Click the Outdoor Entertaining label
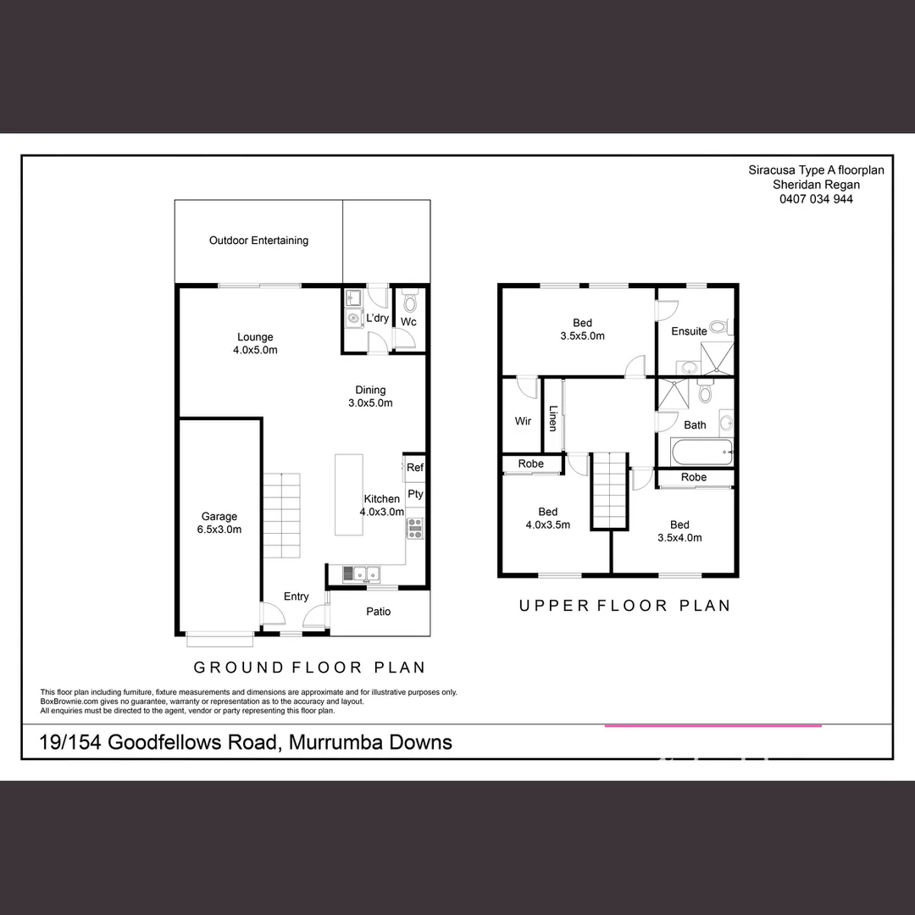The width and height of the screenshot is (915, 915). click(258, 241)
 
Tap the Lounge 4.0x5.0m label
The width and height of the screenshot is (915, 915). click(255, 343)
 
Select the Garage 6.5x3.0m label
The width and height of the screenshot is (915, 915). click(219, 523)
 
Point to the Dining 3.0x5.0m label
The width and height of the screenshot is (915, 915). click(370, 396)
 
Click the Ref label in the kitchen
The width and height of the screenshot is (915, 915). click(414, 468)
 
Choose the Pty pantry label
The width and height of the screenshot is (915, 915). click(414, 494)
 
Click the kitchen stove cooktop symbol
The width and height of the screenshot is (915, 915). click(415, 529)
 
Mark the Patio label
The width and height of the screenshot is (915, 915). click(378, 612)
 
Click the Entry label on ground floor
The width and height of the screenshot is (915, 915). click(296, 596)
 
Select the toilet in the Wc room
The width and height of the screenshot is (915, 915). click(410, 301)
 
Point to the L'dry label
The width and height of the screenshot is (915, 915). click(377, 319)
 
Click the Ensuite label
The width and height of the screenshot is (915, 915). click(689, 331)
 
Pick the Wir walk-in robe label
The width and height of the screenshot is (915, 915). click(523, 421)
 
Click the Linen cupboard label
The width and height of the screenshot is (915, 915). click(552, 419)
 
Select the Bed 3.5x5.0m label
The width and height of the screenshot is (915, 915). click(582, 329)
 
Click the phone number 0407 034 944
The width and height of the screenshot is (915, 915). click(816, 199)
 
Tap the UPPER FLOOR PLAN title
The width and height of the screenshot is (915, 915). click(624, 605)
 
